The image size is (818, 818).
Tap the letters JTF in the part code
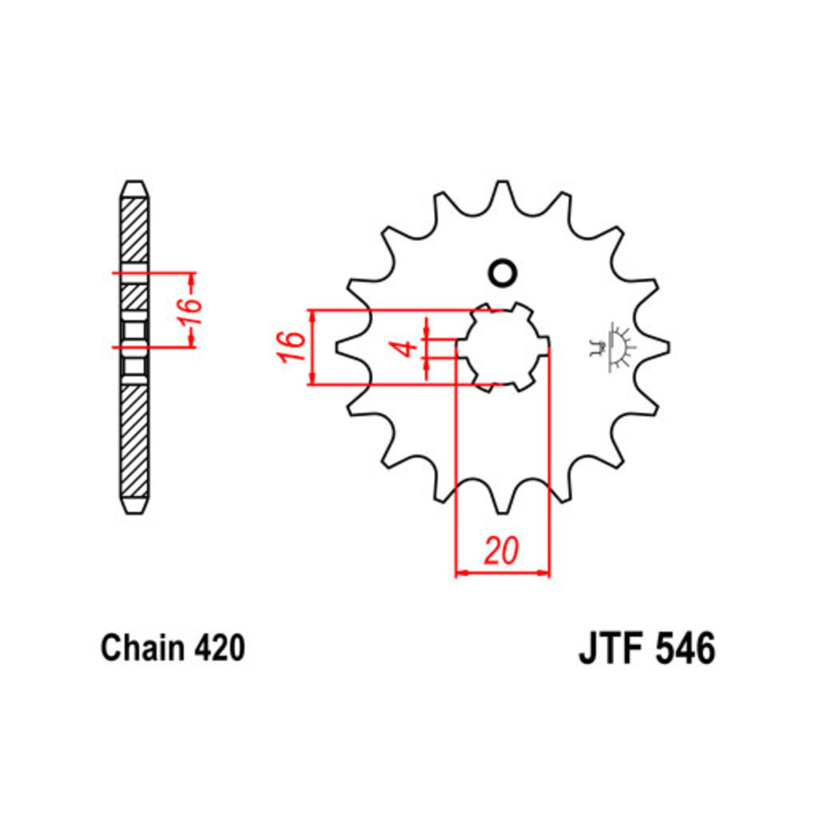coord(611,649)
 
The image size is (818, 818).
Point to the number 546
coord(685,649)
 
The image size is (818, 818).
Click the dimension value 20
coord(502,551)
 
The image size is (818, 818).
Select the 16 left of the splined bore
coord(293,347)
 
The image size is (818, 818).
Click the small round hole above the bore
coord(502,273)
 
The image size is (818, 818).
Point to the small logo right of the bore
coord(611,346)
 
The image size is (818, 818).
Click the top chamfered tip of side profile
coord(134,189)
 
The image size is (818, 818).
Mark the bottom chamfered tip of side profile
coord(134,505)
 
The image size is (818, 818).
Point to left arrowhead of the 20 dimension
coord(459,573)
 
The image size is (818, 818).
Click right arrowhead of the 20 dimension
coord(546,573)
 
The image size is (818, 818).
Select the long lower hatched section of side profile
coord(134,439)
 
